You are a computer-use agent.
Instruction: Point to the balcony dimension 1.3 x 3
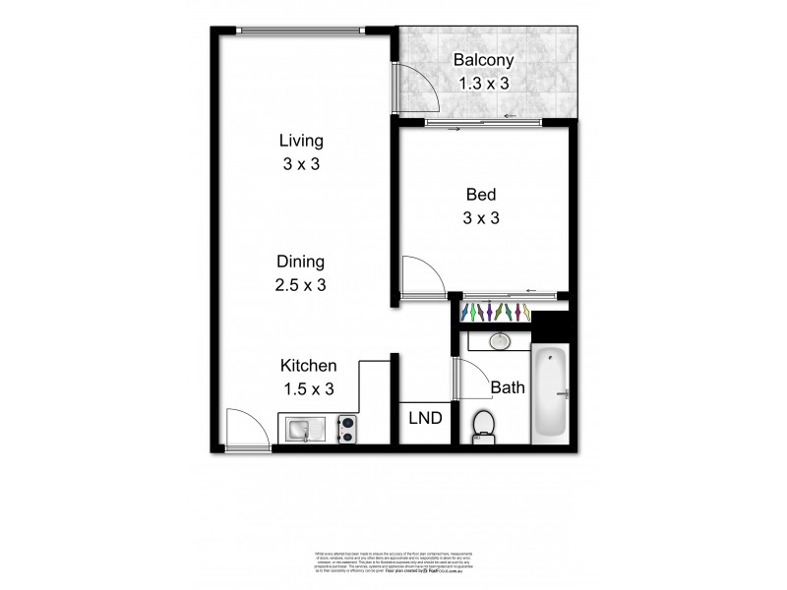(x=482, y=84)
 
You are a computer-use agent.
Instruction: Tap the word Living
(x=300, y=142)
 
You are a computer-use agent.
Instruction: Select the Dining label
(x=300, y=263)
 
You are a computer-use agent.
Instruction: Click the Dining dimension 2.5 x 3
(x=300, y=285)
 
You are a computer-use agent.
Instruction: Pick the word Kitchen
(x=308, y=366)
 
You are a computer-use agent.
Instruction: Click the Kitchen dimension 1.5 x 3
(x=308, y=389)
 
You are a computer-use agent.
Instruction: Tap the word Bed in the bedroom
(x=482, y=195)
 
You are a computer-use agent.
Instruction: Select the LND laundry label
(x=425, y=418)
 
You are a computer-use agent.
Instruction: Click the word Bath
(x=508, y=387)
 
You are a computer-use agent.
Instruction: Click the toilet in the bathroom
(x=484, y=426)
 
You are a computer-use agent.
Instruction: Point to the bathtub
(x=550, y=394)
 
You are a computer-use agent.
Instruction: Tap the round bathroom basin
(x=500, y=341)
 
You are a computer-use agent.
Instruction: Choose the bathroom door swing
(x=470, y=375)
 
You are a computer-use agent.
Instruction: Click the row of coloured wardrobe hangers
(x=497, y=313)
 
